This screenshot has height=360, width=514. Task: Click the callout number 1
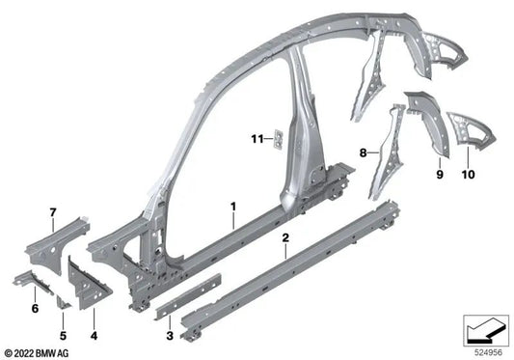tap(232, 206)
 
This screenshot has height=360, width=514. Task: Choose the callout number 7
tap(54, 210)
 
